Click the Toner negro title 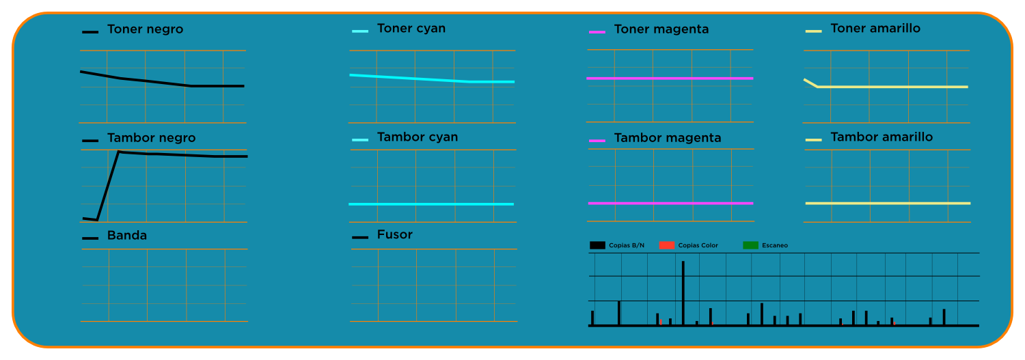(x=145, y=30)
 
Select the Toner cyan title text (x=411, y=29)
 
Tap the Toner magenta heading (x=661, y=29)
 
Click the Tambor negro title (x=151, y=138)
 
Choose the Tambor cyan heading (x=417, y=137)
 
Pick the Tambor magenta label (x=667, y=138)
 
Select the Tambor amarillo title (x=881, y=137)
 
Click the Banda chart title (x=126, y=236)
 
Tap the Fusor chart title (x=394, y=235)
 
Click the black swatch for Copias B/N (x=597, y=245)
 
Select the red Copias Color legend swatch (x=667, y=245)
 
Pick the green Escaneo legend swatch (x=750, y=245)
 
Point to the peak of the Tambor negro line (x=119, y=152)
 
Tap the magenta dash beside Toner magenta (x=597, y=32)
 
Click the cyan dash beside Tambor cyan (x=360, y=140)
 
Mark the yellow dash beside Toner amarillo (x=813, y=31)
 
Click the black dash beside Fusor (x=360, y=238)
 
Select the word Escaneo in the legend (x=774, y=245)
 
